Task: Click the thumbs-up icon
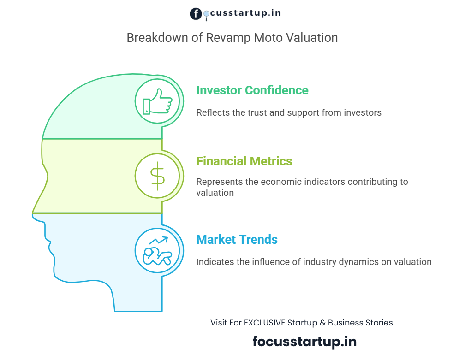(157, 101)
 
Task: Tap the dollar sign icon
(157, 176)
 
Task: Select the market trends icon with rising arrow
(157, 251)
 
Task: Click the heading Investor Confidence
(252, 90)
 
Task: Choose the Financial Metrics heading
(244, 161)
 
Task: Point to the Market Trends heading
(237, 239)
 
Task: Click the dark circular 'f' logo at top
(196, 14)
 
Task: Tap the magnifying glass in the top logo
(206, 15)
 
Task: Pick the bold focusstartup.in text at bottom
(304, 342)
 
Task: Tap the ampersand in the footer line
(322, 323)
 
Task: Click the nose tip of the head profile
(33, 213)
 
